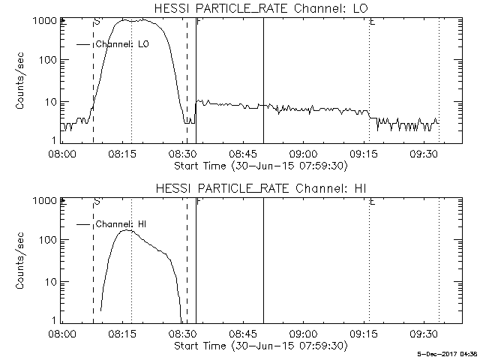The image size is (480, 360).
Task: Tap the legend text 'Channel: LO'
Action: (122, 44)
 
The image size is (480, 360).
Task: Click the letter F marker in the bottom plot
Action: (198, 202)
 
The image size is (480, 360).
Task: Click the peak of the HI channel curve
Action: (128, 230)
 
